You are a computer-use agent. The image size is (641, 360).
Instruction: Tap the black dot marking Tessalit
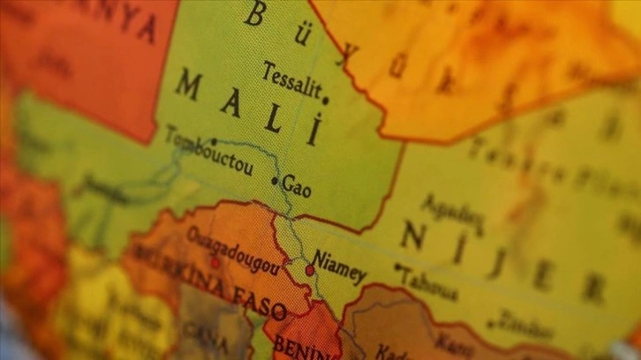[x=326, y=100]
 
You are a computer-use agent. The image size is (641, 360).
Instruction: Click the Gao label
[x=298, y=187]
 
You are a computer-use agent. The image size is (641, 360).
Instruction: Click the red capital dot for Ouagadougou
[x=214, y=264]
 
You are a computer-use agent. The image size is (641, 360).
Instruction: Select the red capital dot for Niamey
[x=309, y=270]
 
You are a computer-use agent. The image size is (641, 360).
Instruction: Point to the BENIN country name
[x=296, y=347]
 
